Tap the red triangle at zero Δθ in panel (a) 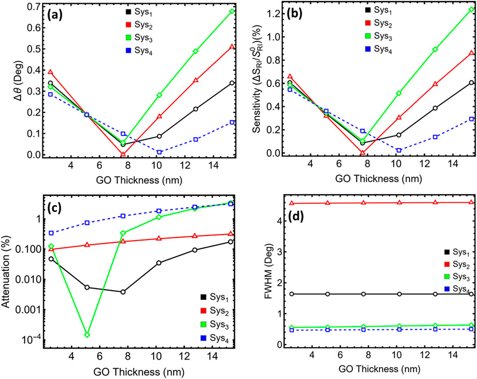[x=123, y=153]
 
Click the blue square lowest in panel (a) [x=159, y=152]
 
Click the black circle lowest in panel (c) [x=123, y=292]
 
